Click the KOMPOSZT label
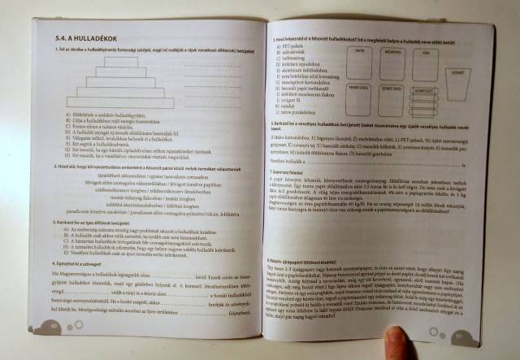pos(427,92)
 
